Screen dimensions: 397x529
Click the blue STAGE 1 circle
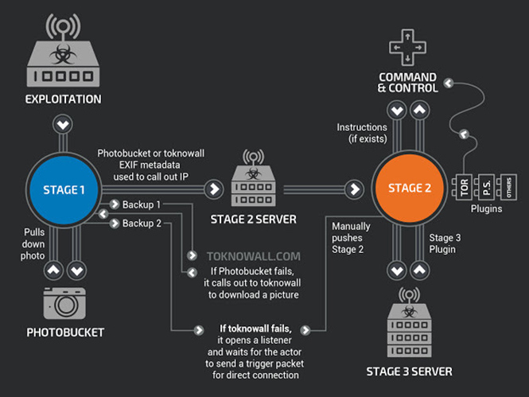pyautogui.click(x=64, y=189)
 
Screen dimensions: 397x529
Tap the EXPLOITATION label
pyautogui.click(x=63, y=99)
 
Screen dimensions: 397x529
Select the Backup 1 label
pyautogui.click(x=142, y=205)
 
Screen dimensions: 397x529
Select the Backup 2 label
pyautogui.click(x=142, y=224)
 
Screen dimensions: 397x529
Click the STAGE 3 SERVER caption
pyautogui.click(x=409, y=372)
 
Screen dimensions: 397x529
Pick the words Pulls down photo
pyautogui.click(x=34, y=243)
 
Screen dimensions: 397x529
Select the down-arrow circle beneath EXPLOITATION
pyautogui.click(x=63, y=124)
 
